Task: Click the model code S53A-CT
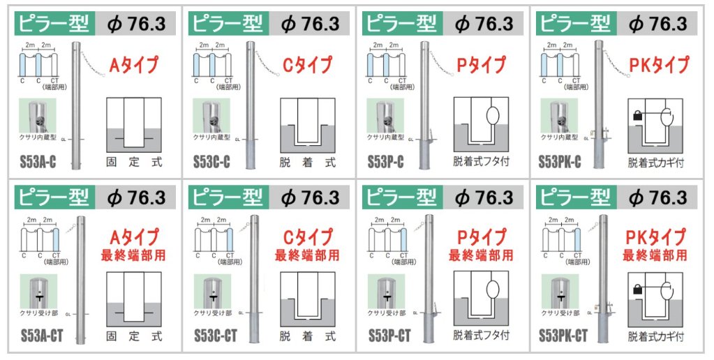(42, 336)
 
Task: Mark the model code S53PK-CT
(563, 336)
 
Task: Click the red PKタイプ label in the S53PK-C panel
(658, 66)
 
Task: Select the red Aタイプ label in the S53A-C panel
(134, 66)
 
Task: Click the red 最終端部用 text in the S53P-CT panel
(481, 255)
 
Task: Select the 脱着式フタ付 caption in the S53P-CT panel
(482, 336)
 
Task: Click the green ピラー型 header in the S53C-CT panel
(228, 197)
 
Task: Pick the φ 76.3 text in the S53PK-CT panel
(657, 197)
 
